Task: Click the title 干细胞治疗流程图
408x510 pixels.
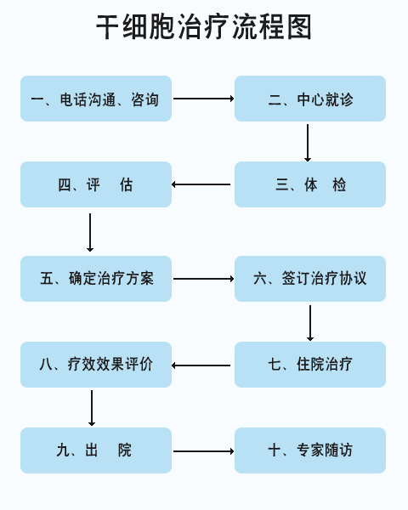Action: tap(204, 27)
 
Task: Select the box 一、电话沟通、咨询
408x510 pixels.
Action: tap(96, 99)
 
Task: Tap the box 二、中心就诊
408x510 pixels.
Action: tap(310, 99)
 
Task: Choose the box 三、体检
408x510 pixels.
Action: tap(310, 184)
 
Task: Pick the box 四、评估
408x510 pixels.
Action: tap(96, 184)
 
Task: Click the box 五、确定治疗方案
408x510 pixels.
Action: tap(96, 279)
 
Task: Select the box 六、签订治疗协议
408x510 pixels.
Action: tap(310, 279)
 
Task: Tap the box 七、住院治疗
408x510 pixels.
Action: tap(310, 365)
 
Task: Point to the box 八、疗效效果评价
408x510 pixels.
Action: tap(96, 365)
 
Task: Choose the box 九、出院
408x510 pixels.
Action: tap(96, 450)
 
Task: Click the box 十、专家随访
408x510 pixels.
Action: tap(310, 450)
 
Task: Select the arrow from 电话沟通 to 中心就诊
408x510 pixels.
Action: tap(204, 99)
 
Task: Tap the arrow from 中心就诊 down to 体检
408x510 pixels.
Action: tap(308, 143)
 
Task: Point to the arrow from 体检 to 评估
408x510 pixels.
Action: tap(201, 184)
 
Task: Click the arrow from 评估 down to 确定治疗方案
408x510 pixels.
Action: tap(90, 233)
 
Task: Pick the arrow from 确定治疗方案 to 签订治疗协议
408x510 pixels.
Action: tap(204, 279)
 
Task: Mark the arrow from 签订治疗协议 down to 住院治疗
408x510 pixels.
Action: tap(310, 323)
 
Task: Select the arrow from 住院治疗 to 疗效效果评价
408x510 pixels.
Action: tap(201, 365)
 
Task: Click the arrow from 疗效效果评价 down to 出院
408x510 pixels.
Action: tap(92, 408)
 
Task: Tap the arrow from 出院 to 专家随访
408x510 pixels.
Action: tap(204, 451)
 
